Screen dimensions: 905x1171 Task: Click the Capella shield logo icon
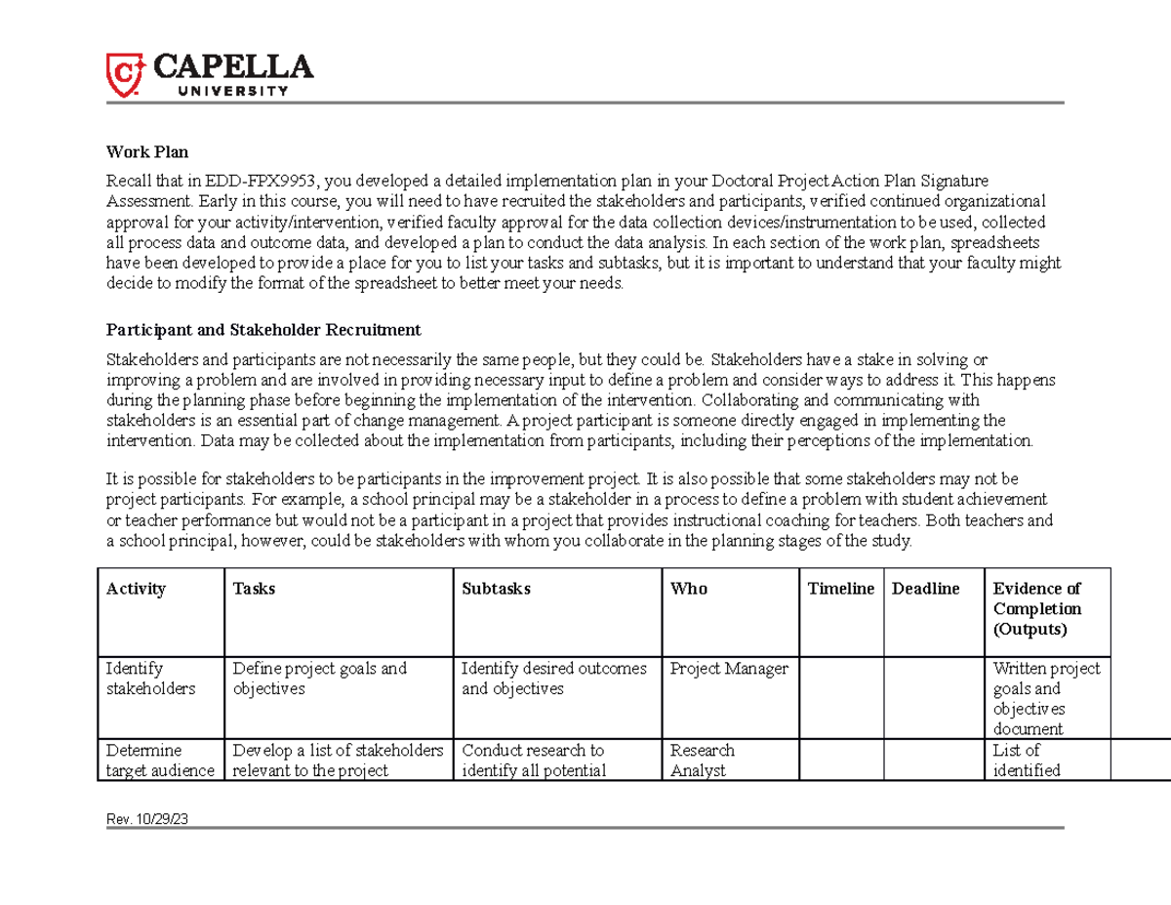(x=126, y=75)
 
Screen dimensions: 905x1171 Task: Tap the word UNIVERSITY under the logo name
(x=232, y=91)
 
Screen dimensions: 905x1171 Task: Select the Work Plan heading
(x=147, y=152)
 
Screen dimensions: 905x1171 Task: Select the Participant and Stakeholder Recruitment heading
(x=263, y=330)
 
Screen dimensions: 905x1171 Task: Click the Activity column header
(x=137, y=589)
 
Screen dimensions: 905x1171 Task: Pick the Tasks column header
(x=254, y=589)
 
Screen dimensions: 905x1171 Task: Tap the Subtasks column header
(x=496, y=589)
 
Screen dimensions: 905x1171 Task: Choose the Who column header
(x=689, y=589)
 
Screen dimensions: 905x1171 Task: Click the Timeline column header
(x=841, y=589)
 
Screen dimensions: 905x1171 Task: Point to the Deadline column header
(x=926, y=589)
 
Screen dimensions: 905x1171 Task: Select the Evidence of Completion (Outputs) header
(x=1037, y=609)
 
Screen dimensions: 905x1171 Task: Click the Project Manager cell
(x=729, y=670)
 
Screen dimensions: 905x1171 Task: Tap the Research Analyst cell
(x=703, y=761)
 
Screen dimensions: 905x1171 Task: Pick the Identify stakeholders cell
(x=150, y=679)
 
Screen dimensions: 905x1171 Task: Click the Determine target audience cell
(x=160, y=761)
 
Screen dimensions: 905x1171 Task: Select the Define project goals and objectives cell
(x=319, y=679)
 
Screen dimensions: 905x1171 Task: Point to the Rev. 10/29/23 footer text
(x=147, y=820)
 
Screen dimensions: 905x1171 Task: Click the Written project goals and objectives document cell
(x=1045, y=699)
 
